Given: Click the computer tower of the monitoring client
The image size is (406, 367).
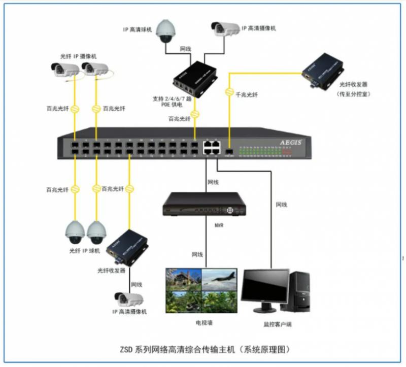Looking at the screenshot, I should pyautogui.click(x=299, y=291).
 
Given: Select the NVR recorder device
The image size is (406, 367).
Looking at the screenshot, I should pyautogui.click(x=204, y=205).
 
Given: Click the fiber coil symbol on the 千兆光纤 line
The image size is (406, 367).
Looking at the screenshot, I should pyautogui.click(x=228, y=94).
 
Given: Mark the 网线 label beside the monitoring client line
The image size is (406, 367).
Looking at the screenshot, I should pyautogui.click(x=282, y=205).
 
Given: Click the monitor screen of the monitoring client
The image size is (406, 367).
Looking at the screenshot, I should pyautogui.click(x=262, y=287).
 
